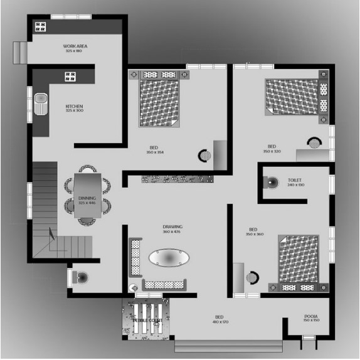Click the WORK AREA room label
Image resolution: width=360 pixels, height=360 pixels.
(74, 46)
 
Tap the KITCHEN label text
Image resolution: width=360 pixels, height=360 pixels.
(74, 107)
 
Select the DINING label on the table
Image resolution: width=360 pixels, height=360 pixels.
(87, 198)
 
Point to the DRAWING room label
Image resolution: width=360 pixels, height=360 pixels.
(172, 227)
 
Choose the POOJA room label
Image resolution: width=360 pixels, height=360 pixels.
(311, 316)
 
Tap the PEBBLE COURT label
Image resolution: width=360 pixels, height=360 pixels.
(148, 320)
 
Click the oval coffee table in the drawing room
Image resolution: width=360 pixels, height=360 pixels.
(167, 258)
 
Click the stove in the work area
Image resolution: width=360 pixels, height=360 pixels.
(41, 26)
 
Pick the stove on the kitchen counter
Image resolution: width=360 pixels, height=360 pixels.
(70, 77)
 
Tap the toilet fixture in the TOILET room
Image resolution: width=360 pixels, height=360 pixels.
(272, 183)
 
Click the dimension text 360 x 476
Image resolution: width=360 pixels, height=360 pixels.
(172, 232)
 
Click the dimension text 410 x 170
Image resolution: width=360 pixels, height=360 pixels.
(220, 322)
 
